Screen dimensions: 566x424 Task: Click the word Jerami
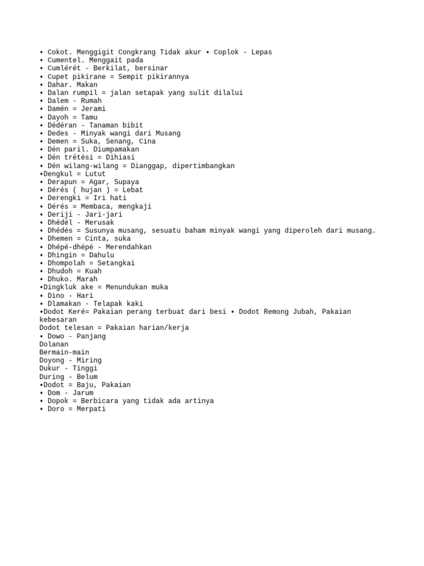[x=93, y=109]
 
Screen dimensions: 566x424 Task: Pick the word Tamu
[x=89, y=117]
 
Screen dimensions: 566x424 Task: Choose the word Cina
[x=147, y=141]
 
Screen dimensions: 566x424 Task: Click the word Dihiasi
[x=120, y=158]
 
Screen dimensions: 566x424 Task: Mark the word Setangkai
[x=116, y=263]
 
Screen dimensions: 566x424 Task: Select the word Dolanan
[x=54, y=344]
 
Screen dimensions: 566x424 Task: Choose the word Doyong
[x=52, y=360]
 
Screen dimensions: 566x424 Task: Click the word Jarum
[x=83, y=393]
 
